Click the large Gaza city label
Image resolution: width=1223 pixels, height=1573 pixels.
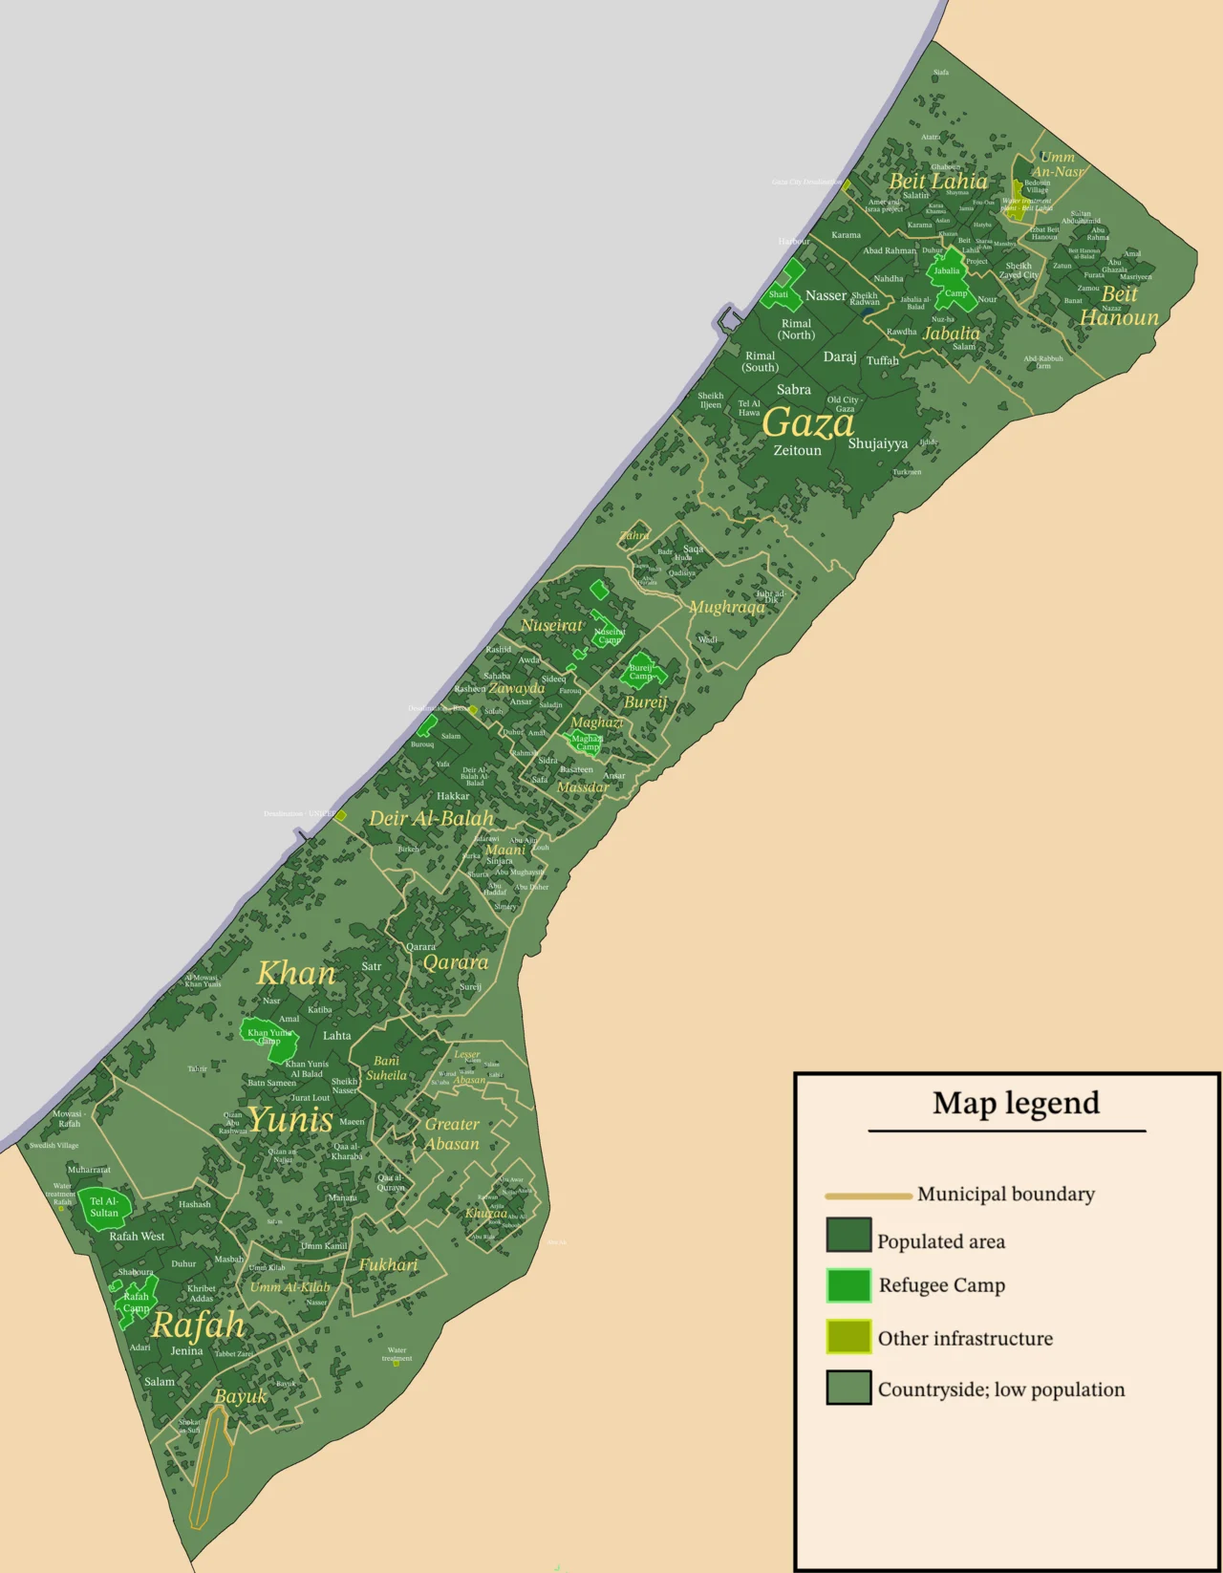pos(808,422)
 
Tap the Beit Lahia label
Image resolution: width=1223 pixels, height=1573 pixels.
pos(938,181)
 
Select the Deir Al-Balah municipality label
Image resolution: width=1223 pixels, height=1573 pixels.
pos(432,818)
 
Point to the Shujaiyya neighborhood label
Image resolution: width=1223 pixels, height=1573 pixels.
pos(878,443)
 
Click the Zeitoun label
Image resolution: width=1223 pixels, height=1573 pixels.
pos(797,450)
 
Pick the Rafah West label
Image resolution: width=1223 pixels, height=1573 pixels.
pos(137,1236)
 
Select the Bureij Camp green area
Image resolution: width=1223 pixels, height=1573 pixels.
pos(641,672)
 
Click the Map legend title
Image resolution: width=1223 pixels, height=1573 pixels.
pos(1016,1103)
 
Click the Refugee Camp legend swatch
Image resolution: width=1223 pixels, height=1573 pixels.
pos(848,1285)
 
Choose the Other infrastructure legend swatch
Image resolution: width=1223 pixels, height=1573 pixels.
pos(848,1337)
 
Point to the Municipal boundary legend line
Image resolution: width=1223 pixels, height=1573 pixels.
pos(868,1196)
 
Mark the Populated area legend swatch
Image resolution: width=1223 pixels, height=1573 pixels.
pos(848,1235)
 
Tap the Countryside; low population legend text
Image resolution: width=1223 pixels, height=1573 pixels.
pos(1001,1390)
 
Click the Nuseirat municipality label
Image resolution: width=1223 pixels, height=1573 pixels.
pos(551,625)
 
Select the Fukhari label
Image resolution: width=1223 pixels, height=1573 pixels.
pos(388,1264)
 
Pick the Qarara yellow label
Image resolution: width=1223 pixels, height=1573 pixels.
pos(456,962)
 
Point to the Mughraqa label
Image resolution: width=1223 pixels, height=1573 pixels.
pos(726,607)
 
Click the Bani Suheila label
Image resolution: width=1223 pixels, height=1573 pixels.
pos(386,1068)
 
